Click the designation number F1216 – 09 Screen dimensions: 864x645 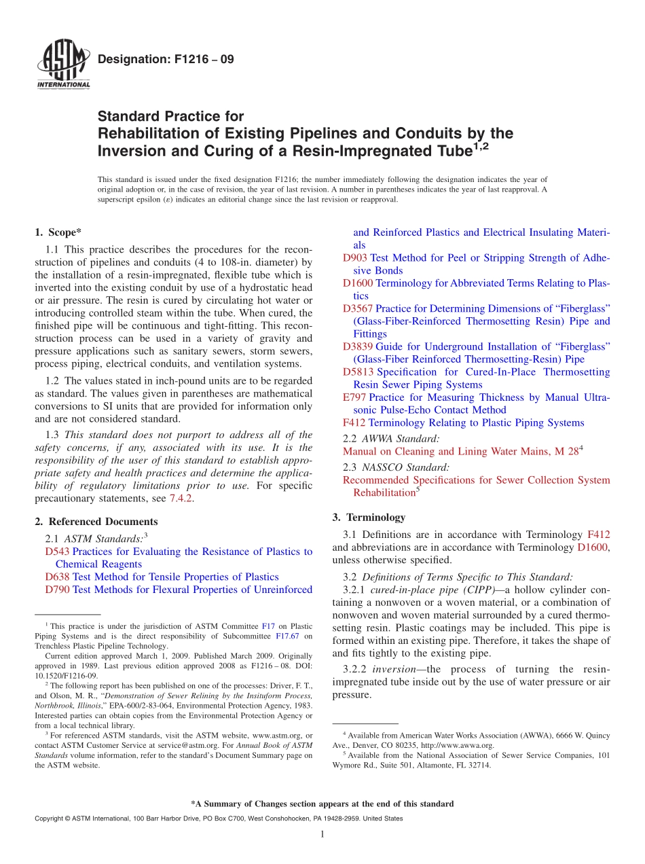point(166,60)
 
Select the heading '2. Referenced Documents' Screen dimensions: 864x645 point(96,522)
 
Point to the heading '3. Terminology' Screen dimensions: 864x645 point(369,517)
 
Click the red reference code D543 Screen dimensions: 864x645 point(57,552)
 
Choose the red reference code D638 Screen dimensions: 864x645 point(57,577)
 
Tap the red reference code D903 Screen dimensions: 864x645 point(355,258)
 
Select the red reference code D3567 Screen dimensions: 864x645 point(358,308)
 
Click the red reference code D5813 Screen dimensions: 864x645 point(358,372)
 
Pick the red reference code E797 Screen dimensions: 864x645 point(354,397)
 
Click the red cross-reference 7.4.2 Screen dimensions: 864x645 point(182,499)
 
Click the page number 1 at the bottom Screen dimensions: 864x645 point(322,834)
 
